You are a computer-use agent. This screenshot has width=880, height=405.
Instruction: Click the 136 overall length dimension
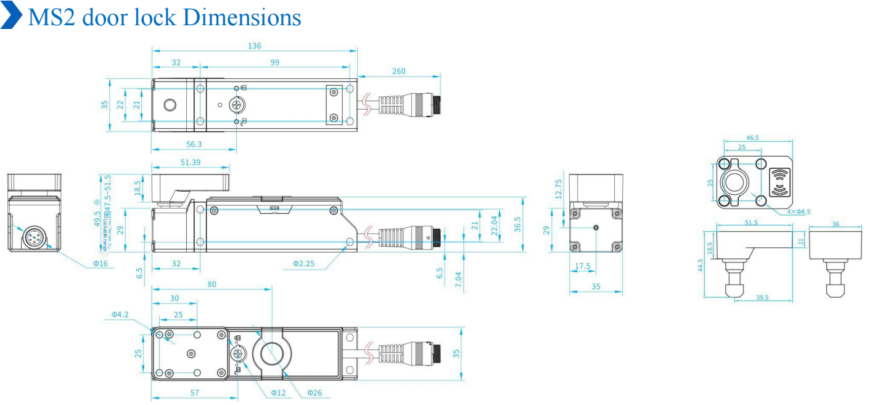[254, 46]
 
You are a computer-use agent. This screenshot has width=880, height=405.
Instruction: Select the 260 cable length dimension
[399, 72]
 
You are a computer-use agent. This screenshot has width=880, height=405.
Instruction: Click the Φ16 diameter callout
[101, 263]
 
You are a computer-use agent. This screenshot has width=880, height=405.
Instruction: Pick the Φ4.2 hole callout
[120, 314]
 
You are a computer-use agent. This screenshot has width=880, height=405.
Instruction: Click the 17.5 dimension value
[582, 266]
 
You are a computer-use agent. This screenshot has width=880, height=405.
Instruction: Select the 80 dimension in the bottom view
[212, 284]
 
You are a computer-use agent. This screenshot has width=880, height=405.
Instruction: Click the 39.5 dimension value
[762, 297]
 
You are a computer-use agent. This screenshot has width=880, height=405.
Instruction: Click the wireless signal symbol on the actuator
[781, 182]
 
